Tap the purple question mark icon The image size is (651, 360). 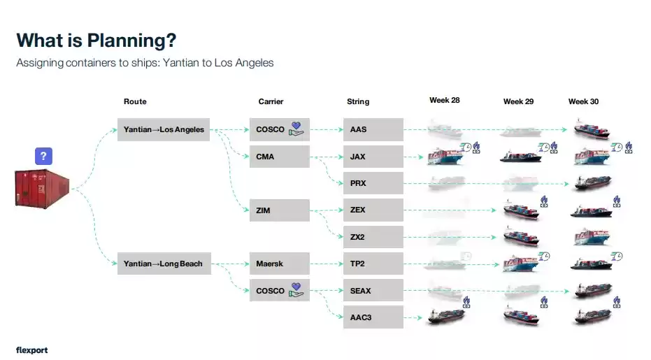(43, 156)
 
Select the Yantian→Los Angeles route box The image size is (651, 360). (164, 129)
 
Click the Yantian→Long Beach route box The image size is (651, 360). (164, 264)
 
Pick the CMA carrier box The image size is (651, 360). (280, 157)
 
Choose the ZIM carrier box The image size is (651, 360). (280, 210)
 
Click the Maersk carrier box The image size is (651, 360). (280, 264)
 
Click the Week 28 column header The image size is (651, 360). (444, 101)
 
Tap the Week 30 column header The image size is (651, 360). (583, 101)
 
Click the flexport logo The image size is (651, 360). (31, 350)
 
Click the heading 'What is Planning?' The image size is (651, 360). (96, 41)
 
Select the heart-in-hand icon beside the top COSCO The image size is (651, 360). (297, 129)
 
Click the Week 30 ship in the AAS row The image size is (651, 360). (591, 129)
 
